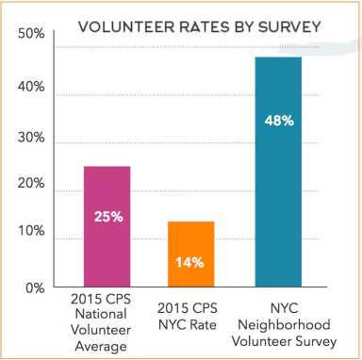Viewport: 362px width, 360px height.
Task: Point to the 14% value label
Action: coord(191,262)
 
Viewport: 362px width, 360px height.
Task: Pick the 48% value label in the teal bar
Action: coord(278,121)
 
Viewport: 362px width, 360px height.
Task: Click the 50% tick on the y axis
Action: coord(30,35)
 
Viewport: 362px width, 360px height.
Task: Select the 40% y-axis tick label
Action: coord(30,88)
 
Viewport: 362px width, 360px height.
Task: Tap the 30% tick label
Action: coord(30,139)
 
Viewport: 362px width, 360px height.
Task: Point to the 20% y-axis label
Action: coord(30,185)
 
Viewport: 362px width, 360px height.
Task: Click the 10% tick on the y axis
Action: coord(30,232)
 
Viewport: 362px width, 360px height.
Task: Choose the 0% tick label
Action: coord(34,287)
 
